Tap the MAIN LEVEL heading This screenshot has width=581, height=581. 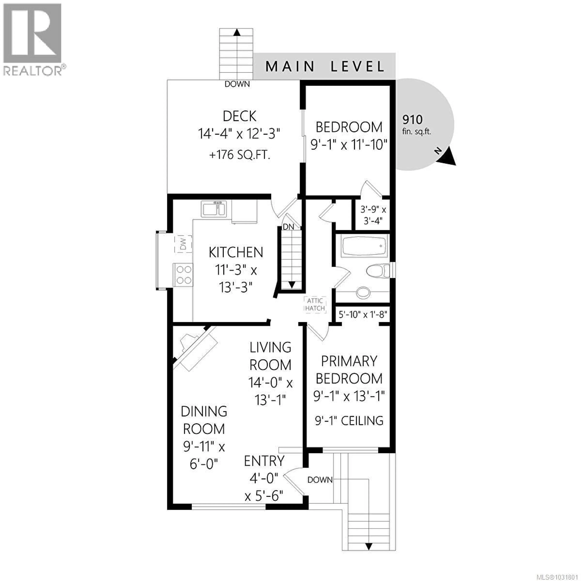coord(325,66)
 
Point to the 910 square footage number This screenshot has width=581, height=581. coord(412,120)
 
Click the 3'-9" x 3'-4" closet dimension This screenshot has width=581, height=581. coord(373,215)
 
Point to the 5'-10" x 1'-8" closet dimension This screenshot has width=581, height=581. coord(362,315)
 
